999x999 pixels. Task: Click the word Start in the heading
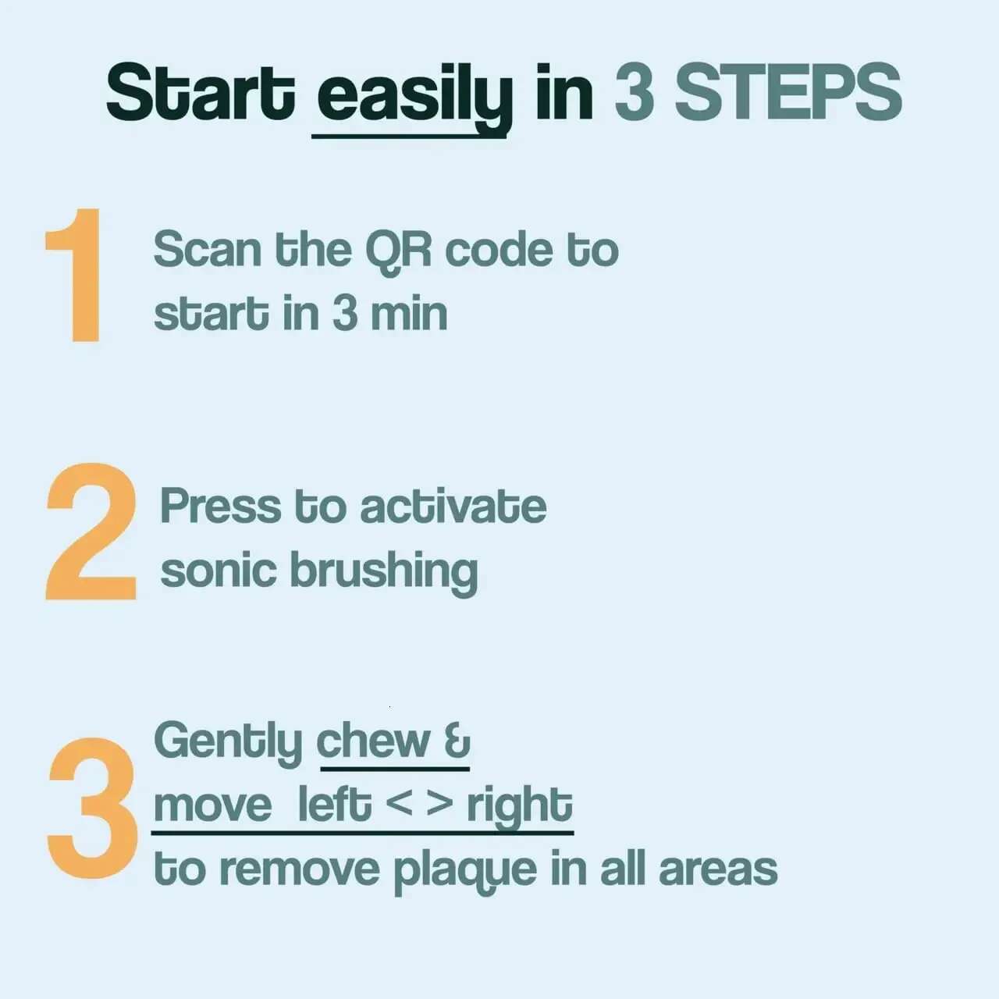[201, 92]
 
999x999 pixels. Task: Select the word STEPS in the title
[788, 92]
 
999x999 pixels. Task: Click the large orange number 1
[73, 275]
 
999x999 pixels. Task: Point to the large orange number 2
[91, 531]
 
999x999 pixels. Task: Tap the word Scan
[208, 250]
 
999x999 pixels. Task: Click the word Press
[221, 506]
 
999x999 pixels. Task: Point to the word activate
[453, 505]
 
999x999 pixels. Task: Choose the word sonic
[219, 571]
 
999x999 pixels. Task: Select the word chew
[373, 741]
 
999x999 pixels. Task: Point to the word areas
[718, 870]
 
